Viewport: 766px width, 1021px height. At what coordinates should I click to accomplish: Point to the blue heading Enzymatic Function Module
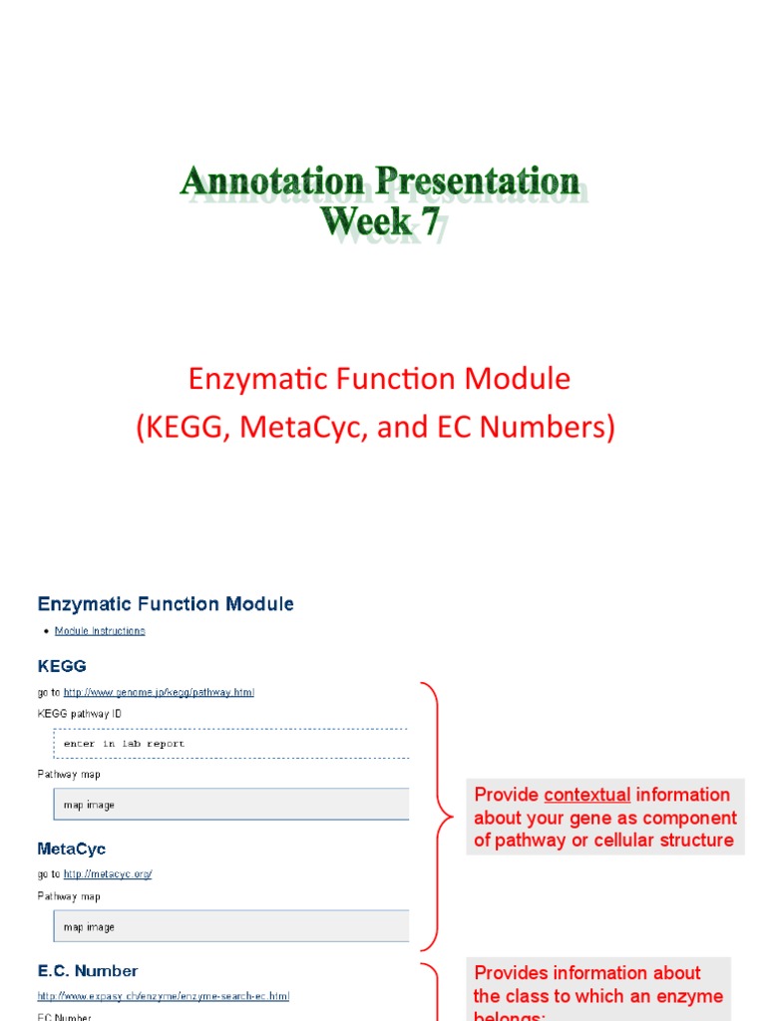tap(166, 604)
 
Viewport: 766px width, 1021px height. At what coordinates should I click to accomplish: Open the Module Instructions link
tap(100, 631)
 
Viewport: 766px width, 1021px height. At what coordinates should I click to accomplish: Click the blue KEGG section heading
tap(62, 665)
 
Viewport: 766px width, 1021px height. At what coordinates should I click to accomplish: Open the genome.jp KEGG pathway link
tap(159, 692)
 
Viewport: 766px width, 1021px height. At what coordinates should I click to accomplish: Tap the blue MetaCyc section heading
tap(72, 850)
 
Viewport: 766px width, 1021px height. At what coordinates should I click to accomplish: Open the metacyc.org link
tap(107, 874)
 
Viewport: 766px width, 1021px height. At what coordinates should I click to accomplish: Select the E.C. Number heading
tap(88, 971)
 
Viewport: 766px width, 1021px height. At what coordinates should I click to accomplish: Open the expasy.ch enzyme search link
tap(164, 996)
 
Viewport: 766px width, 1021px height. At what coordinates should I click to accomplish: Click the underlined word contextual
tap(587, 795)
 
